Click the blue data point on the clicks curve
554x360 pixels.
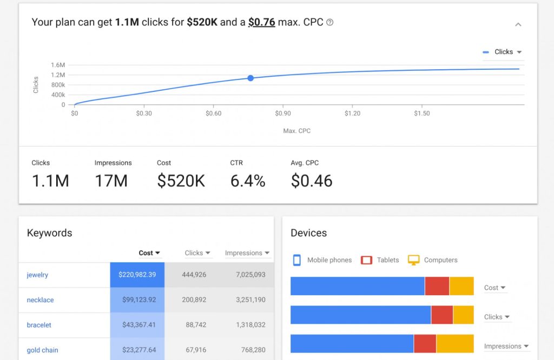(x=250, y=78)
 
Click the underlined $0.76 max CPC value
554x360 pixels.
(x=261, y=22)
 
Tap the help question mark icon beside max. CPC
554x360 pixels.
(x=330, y=23)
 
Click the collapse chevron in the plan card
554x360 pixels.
(x=518, y=24)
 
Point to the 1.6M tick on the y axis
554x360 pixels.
(x=58, y=65)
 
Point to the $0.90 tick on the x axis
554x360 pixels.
(x=282, y=114)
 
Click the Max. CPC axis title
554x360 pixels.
(x=296, y=131)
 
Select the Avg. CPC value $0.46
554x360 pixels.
(x=312, y=181)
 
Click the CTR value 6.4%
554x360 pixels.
(x=248, y=181)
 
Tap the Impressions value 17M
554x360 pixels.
(x=111, y=181)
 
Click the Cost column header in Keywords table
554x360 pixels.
(x=149, y=253)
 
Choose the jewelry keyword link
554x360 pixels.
(x=37, y=275)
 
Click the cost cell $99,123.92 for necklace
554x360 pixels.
(x=137, y=300)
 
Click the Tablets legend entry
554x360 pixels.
(x=380, y=260)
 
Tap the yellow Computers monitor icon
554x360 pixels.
(x=414, y=260)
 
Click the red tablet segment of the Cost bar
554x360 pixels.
(x=437, y=286)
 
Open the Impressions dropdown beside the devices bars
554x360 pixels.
(x=506, y=346)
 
